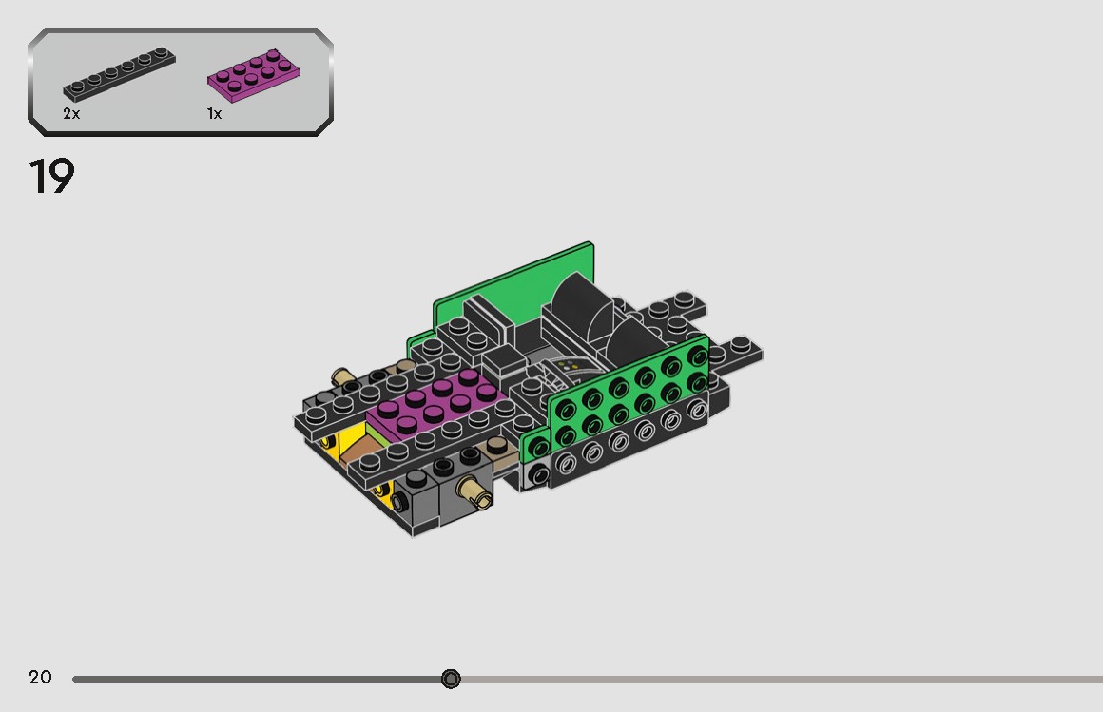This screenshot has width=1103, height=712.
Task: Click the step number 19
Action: click(x=51, y=176)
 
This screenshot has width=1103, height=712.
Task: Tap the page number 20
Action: click(x=40, y=677)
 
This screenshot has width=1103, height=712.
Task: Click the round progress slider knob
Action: click(x=451, y=679)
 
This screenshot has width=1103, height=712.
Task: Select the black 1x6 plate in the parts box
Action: click(x=119, y=74)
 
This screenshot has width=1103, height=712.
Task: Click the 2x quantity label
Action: click(x=71, y=113)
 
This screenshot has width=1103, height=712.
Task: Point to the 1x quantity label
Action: click(x=215, y=113)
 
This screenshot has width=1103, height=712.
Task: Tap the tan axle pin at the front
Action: click(x=474, y=491)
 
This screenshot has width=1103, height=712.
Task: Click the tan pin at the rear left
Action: click(x=343, y=376)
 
